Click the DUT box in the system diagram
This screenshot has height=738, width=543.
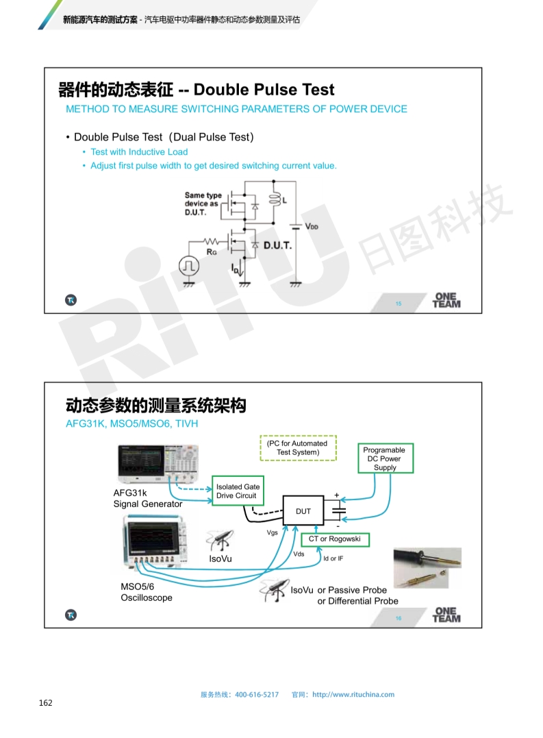[x=303, y=511]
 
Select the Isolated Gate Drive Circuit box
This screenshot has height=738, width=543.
[x=236, y=491]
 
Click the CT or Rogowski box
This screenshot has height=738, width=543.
[x=335, y=539]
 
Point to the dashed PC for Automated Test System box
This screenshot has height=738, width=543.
[x=298, y=448]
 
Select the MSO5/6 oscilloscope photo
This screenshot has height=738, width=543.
[x=155, y=544]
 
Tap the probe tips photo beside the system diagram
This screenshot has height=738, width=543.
[x=427, y=568]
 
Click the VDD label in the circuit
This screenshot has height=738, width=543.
[x=312, y=226]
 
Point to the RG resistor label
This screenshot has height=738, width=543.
[x=212, y=252]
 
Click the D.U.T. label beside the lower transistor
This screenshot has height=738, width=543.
[x=277, y=245]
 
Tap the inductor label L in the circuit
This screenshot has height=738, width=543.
[x=284, y=201]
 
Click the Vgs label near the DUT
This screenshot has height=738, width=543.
[x=272, y=532]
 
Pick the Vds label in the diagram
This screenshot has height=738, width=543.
[x=299, y=554]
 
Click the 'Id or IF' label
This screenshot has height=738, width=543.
[x=333, y=558]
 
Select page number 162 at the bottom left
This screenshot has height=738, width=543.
[x=46, y=702]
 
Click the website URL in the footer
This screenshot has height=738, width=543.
[x=353, y=694]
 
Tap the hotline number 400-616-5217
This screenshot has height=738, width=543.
[x=257, y=694]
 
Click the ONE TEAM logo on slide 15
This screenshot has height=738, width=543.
[x=446, y=301]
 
